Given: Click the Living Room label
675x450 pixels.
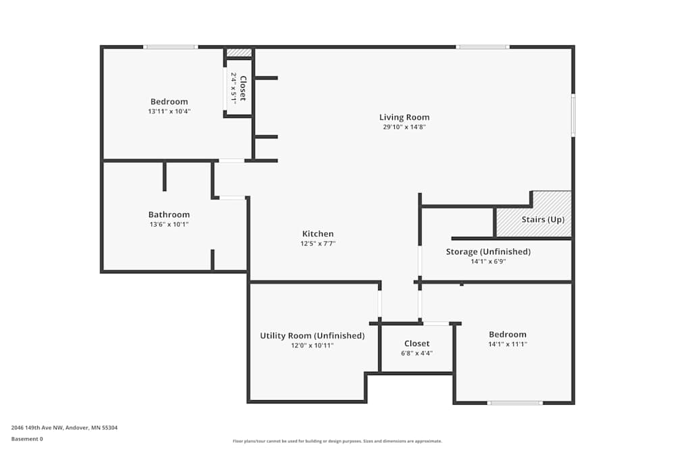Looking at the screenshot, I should pyautogui.click(x=404, y=117).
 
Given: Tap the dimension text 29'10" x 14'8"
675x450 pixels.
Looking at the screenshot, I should pyautogui.click(x=404, y=127).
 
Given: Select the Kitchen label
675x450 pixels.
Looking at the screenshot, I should pyautogui.click(x=318, y=234).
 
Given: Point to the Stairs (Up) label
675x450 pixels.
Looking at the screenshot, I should pyautogui.click(x=543, y=220).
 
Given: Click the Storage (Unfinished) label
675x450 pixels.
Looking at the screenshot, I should pyautogui.click(x=488, y=252).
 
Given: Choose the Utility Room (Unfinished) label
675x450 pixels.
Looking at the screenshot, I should pyautogui.click(x=312, y=335).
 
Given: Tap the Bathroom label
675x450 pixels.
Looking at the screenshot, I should pyautogui.click(x=169, y=215).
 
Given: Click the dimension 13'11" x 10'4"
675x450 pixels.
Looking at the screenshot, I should pyautogui.click(x=169, y=111).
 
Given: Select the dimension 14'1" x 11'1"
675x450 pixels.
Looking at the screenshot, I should pyautogui.click(x=507, y=344).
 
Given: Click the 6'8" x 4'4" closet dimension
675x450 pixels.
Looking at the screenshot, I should pyautogui.click(x=416, y=353).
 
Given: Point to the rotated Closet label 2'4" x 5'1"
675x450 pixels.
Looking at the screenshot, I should pyautogui.click(x=238, y=88).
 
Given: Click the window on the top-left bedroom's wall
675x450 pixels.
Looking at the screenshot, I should pyautogui.click(x=170, y=47).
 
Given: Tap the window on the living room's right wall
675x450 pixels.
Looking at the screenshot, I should pyautogui.click(x=573, y=115).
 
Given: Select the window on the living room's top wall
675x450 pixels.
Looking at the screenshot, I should pyautogui.click(x=482, y=47).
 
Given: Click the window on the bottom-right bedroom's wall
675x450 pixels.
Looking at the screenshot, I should pyautogui.click(x=515, y=403).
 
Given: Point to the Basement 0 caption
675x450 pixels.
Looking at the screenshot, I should pyautogui.click(x=27, y=439).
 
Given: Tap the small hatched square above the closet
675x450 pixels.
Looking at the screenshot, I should pyautogui.click(x=238, y=53).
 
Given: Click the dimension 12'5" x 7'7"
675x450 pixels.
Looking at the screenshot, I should pyautogui.click(x=318, y=244).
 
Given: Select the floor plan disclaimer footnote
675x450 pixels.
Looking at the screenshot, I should pyautogui.click(x=337, y=441).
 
